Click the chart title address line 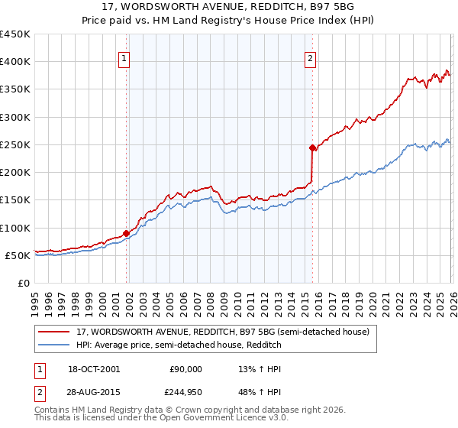click(x=229, y=8)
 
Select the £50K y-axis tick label click(x=18, y=255)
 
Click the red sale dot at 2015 click(x=312, y=148)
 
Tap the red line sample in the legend click(x=53, y=332)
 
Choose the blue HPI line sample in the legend click(x=53, y=344)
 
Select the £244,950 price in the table click(x=184, y=392)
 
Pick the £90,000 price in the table click(x=184, y=368)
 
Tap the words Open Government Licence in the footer click(x=218, y=418)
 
